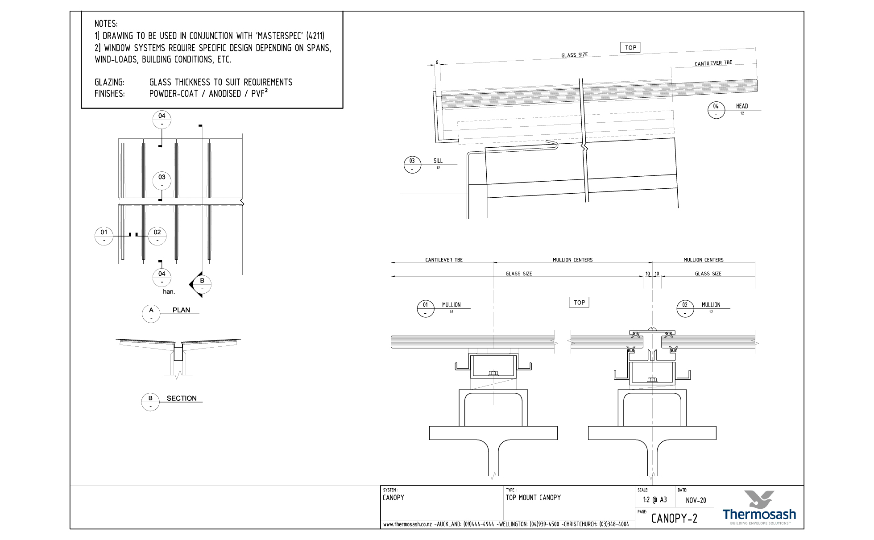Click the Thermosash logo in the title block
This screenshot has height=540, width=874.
tap(758, 507)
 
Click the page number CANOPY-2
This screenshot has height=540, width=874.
tap(674, 518)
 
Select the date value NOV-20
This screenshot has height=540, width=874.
tap(696, 500)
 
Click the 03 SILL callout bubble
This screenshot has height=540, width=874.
tap(412, 165)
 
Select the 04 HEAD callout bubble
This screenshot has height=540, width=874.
tap(716, 110)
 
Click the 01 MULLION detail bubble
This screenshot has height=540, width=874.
tap(426, 308)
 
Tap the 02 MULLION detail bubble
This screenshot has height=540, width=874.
tap(685, 308)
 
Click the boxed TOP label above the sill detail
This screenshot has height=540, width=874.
tap(630, 48)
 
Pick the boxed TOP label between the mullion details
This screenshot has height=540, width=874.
tap(579, 303)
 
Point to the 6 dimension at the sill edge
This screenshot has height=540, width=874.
tap(437, 62)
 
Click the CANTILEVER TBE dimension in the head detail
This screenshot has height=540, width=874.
tap(713, 63)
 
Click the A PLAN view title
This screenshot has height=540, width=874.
tap(151, 314)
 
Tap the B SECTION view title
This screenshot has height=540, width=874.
tap(150, 402)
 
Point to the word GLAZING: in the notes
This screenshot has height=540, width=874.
tap(109, 83)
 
